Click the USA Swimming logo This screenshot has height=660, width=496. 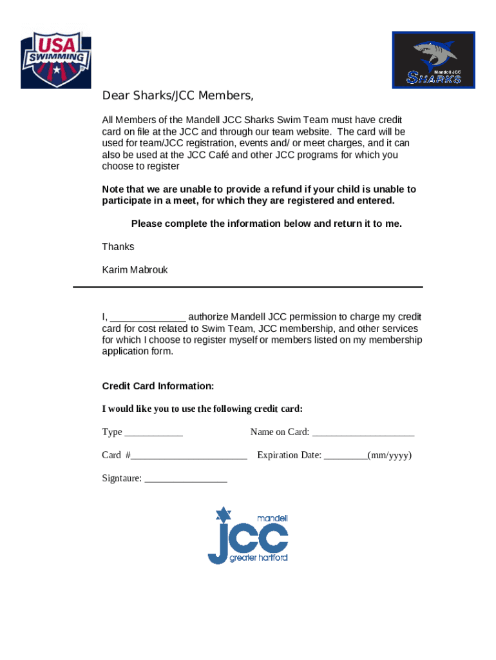point(56,60)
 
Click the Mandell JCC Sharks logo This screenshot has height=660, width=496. point(434,60)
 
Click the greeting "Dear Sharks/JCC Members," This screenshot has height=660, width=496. point(178,96)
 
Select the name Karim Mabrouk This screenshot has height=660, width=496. point(135,270)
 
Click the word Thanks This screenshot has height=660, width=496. point(118,247)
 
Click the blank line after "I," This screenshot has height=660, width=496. point(148,318)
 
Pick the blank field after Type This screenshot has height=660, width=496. point(153,433)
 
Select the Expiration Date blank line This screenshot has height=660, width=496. point(345,456)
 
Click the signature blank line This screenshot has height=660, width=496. point(186,480)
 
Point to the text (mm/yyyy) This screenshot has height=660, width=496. point(390,455)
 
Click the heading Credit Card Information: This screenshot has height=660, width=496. point(158,386)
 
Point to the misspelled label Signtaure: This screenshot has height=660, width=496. point(122,478)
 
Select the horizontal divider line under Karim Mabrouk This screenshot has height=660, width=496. point(248,287)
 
